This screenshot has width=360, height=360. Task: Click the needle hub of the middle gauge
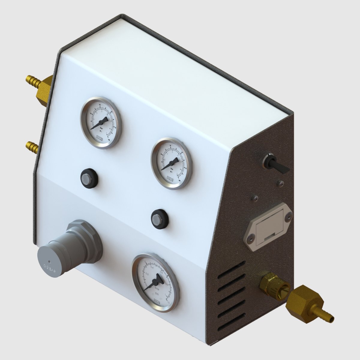point(170,164)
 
